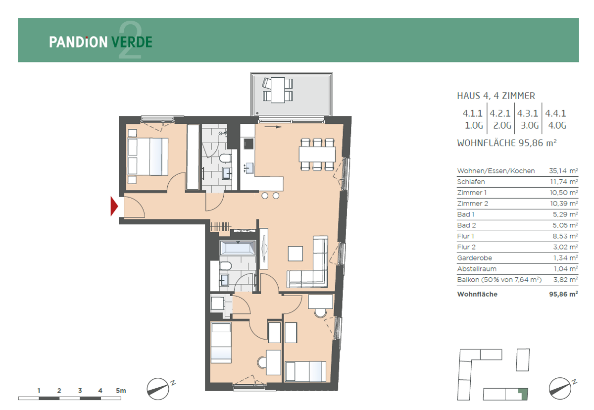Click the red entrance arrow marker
click(x=114, y=206)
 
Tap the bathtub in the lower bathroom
click(x=238, y=248)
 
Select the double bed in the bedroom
click(x=148, y=156)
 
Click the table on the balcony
click(x=278, y=90)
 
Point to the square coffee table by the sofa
click(x=296, y=254)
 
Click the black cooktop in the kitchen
click(x=248, y=144)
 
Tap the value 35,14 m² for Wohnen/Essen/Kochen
click(x=563, y=171)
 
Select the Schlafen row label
click(x=471, y=182)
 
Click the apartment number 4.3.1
click(x=528, y=113)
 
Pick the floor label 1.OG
click(x=474, y=125)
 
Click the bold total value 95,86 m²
click(x=563, y=294)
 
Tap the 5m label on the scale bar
click(x=121, y=391)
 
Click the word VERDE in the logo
click(x=132, y=42)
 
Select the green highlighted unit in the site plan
click(x=524, y=394)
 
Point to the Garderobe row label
click(x=474, y=258)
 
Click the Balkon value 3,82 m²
click(x=565, y=280)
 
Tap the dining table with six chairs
click(x=317, y=154)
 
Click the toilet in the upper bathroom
click(x=225, y=158)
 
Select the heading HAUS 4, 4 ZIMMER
click(x=496, y=96)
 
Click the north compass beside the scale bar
click(x=158, y=389)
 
